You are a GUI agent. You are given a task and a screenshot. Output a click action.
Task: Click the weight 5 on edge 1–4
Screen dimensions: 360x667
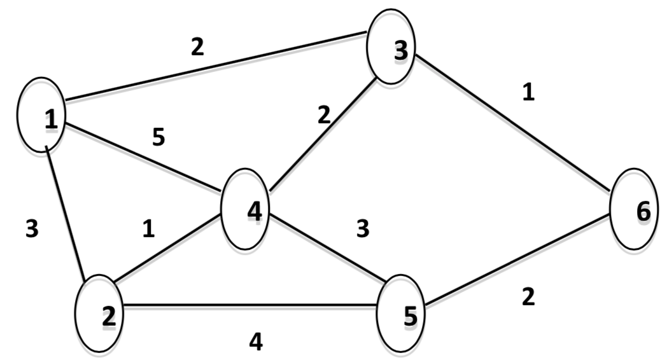[158, 137]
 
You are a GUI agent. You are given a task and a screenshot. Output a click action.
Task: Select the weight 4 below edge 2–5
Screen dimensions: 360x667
[255, 342]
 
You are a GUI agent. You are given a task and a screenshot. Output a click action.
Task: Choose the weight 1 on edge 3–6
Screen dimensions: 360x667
[528, 92]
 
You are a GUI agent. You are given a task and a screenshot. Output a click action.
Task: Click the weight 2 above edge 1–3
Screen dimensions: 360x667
[197, 48]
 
